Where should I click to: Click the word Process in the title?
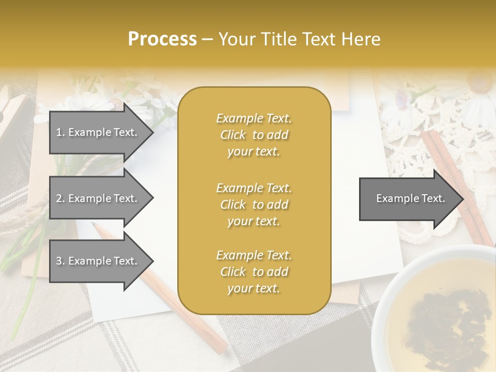point(162,39)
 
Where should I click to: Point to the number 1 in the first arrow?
point(58,132)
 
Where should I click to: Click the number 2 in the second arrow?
point(58,198)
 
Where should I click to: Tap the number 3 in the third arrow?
point(58,261)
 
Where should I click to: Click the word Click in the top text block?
point(233,135)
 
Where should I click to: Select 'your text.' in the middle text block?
point(254,221)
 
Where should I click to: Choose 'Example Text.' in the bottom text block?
point(254,255)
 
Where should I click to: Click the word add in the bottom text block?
point(277,272)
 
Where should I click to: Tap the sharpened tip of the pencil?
point(95,225)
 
